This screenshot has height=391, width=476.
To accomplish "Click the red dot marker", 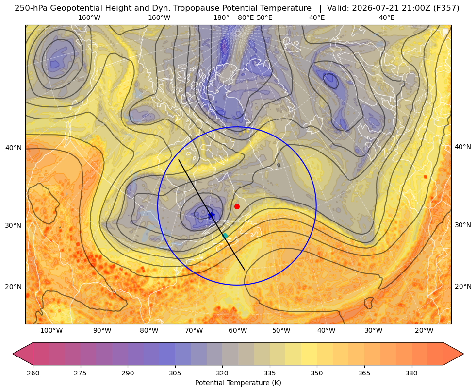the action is [x=237, y=206].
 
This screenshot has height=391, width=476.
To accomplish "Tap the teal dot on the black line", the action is [x=225, y=236].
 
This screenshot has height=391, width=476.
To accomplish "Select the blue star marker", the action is [x=211, y=215].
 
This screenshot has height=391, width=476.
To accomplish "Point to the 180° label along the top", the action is [x=221, y=17].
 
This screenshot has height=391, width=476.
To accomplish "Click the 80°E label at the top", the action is [x=246, y=17].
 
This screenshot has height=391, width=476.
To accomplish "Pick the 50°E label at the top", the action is [x=264, y=17].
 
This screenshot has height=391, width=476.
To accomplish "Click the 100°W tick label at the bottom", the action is [x=51, y=331].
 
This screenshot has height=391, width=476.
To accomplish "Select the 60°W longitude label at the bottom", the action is [x=237, y=331].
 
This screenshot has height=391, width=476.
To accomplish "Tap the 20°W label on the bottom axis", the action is [x=424, y=331].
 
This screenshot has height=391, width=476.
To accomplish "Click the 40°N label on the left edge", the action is [x=14, y=148].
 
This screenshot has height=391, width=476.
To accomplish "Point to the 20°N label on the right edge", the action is [x=463, y=286].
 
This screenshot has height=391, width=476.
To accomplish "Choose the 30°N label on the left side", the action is [x=14, y=226].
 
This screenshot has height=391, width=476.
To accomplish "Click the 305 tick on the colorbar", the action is [x=175, y=373].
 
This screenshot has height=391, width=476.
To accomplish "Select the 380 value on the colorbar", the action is [x=411, y=373].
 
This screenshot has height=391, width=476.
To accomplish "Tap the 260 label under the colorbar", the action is [x=33, y=373].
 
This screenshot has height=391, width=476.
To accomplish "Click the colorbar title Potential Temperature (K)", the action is [x=238, y=383].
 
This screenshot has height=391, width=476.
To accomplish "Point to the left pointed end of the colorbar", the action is [x=13, y=354].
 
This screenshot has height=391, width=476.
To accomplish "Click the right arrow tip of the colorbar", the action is [x=463, y=354].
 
